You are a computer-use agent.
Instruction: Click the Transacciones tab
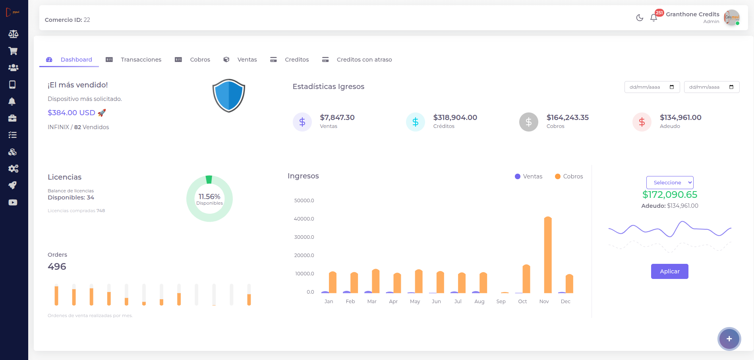(x=141, y=60)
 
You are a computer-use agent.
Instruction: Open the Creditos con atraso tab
(x=364, y=60)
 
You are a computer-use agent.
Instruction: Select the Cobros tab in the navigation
(x=199, y=60)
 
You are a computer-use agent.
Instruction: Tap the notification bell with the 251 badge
(x=653, y=17)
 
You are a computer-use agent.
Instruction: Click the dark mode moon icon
(x=640, y=17)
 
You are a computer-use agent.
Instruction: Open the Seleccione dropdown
(x=670, y=182)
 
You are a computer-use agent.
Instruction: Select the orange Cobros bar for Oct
(x=526, y=279)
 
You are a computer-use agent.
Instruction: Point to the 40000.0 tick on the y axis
(x=304, y=219)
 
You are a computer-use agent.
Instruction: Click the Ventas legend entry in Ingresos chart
(x=528, y=176)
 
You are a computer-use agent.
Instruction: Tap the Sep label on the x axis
(x=501, y=302)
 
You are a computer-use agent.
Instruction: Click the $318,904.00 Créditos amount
(x=455, y=118)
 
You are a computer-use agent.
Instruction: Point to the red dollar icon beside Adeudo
(x=642, y=122)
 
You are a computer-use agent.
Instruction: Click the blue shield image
(x=229, y=95)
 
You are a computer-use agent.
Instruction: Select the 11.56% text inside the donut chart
(x=209, y=197)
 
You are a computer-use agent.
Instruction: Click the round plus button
(x=729, y=339)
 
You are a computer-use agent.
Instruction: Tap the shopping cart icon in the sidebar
(x=13, y=51)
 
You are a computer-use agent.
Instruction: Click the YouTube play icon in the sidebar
(x=13, y=203)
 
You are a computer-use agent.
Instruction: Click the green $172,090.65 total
(x=670, y=195)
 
